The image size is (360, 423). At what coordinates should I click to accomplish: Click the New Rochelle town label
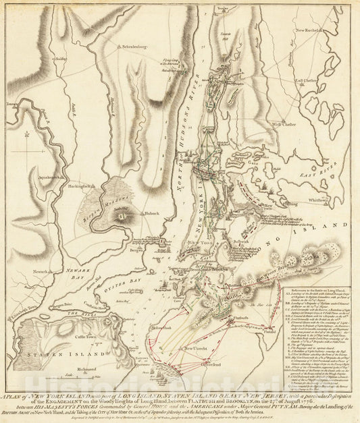[x=308, y=31]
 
